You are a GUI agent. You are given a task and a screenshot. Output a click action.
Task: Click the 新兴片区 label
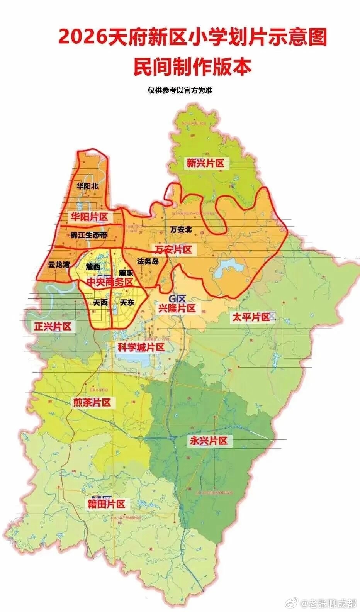[x=205, y=163]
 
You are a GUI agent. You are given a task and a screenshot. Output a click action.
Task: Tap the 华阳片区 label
[x=89, y=217]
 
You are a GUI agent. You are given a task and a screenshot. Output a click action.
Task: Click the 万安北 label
[x=181, y=229]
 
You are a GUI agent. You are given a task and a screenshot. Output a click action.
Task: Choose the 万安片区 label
[x=173, y=249]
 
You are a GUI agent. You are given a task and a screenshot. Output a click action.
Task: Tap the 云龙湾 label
[x=59, y=265]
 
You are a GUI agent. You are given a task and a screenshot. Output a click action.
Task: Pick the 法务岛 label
[x=148, y=261]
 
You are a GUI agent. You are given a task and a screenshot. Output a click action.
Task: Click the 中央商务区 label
[x=110, y=282]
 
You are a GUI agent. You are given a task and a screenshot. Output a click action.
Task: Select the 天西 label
[x=100, y=303]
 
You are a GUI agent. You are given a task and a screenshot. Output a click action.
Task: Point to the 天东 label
[x=127, y=303]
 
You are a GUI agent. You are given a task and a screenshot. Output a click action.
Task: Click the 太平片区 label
[x=250, y=318]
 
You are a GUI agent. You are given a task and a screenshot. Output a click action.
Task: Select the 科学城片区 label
[x=141, y=347]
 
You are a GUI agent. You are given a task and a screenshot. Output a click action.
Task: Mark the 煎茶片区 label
[x=92, y=403]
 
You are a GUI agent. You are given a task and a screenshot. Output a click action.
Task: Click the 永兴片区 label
[x=209, y=441]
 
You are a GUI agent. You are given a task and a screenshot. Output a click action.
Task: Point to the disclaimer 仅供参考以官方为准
[x=180, y=91]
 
